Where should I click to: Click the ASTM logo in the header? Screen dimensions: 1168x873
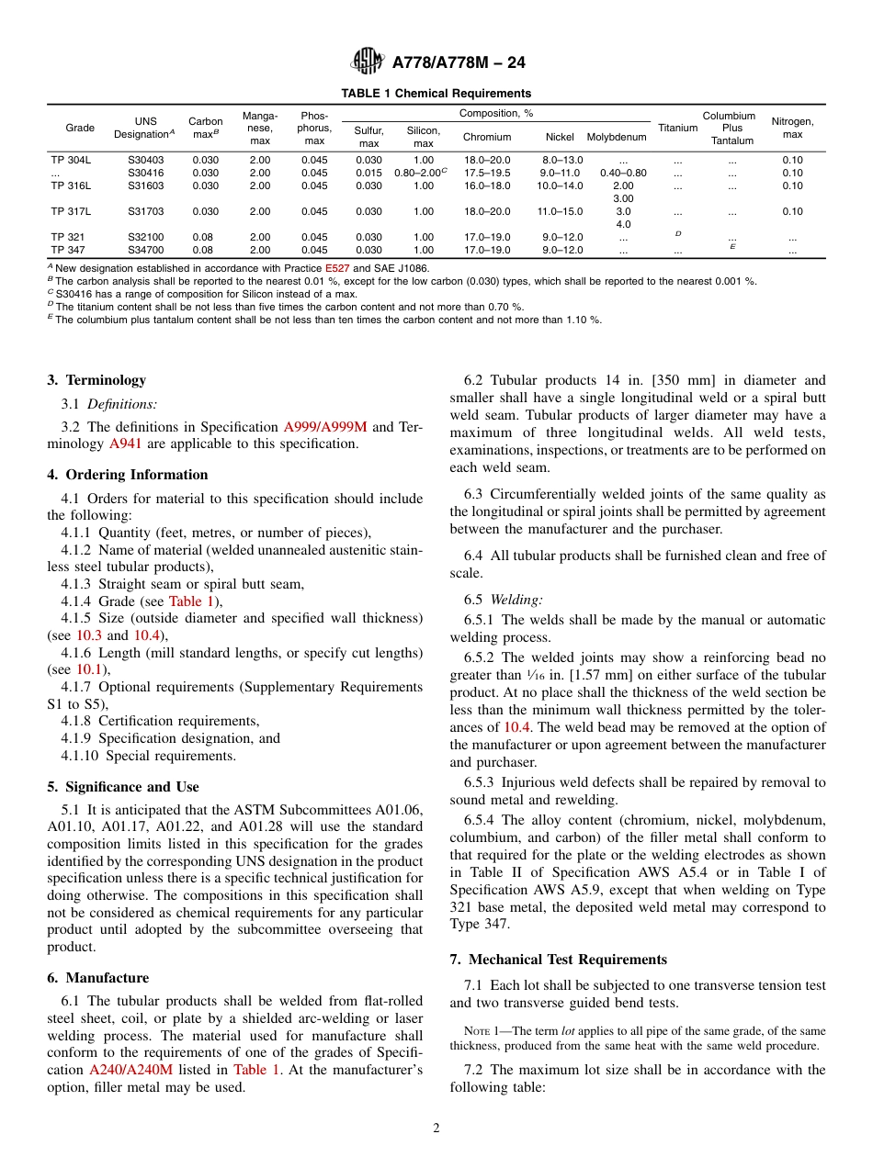click(x=367, y=63)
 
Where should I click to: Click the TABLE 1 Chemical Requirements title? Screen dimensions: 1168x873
click(x=436, y=94)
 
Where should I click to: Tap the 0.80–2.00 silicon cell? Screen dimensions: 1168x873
click(x=420, y=173)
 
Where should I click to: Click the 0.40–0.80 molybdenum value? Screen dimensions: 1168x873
click(x=622, y=173)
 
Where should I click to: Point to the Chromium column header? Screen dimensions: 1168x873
click(x=487, y=137)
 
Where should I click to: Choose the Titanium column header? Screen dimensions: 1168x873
click(x=678, y=129)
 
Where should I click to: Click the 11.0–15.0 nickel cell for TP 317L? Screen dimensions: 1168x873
click(x=560, y=211)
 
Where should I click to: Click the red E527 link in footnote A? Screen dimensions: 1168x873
click(x=337, y=268)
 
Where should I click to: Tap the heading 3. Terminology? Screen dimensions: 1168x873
click(x=96, y=380)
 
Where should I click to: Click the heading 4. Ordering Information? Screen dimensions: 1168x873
click(x=128, y=475)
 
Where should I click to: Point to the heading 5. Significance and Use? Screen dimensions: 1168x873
click(x=123, y=787)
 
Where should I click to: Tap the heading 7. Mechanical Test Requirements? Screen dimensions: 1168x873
click(x=558, y=960)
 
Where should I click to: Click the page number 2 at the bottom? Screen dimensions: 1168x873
click(x=436, y=1129)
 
